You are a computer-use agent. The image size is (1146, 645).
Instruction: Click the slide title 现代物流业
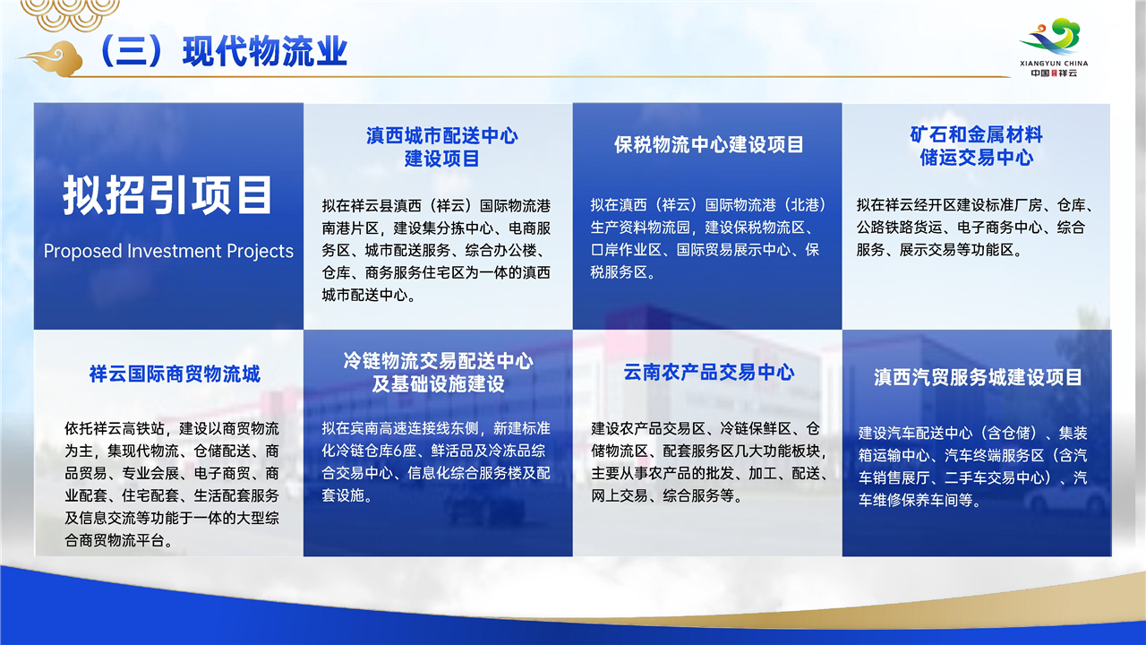tap(265, 52)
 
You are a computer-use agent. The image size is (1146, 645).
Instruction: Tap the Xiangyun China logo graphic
tap(1054, 36)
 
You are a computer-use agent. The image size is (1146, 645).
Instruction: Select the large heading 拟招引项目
tap(167, 195)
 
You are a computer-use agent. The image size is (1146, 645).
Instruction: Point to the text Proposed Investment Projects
tap(168, 251)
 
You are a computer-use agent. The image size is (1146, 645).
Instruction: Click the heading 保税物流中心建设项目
tap(708, 145)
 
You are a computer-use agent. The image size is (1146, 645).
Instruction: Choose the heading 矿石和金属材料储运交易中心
tap(976, 146)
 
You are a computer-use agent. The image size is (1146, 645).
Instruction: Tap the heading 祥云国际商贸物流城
tap(175, 374)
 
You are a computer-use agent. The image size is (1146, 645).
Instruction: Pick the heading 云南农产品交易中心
tap(708, 372)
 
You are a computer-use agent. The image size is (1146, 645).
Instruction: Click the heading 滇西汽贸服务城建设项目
tap(978, 377)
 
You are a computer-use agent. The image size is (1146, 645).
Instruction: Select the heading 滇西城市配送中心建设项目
tap(442, 147)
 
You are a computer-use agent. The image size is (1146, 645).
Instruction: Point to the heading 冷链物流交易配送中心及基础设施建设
tap(438, 372)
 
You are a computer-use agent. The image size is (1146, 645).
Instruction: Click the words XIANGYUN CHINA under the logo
tap(1054, 64)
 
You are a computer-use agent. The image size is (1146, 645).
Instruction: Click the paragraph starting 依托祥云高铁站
tap(172, 485)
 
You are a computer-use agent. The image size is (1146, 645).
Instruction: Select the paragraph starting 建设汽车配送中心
tap(972, 467)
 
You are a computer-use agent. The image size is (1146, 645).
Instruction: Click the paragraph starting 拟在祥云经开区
tap(976, 228)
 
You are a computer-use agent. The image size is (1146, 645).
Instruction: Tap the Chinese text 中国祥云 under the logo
tap(1054, 73)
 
